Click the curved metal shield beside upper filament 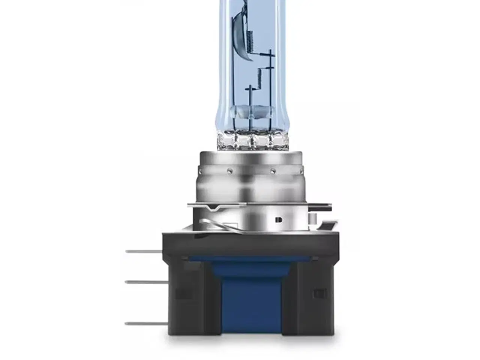[x=240, y=34]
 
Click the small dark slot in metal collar [x=278, y=220]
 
